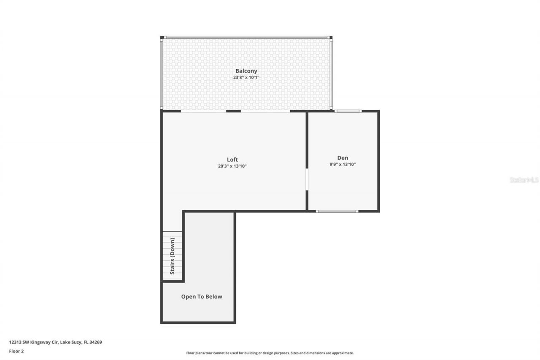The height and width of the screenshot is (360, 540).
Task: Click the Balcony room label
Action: [x=246, y=71]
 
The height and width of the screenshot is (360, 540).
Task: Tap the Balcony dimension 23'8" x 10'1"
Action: [x=246, y=78]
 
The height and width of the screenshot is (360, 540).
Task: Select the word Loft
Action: [x=232, y=160]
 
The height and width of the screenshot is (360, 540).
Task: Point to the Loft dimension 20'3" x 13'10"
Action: [x=232, y=166]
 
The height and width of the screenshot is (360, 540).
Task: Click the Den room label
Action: [x=343, y=158]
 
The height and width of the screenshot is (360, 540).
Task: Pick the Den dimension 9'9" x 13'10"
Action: [x=343, y=165]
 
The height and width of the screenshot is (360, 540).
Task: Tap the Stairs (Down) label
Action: [x=173, y=256]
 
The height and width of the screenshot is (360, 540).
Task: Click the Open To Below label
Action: [x=202, y=297]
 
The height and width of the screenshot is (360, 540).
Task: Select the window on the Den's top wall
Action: [x=348, y=111]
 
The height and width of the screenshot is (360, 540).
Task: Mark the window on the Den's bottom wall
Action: [x=337, y=211]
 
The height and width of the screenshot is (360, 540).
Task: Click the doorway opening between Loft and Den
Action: [x=307, y=179]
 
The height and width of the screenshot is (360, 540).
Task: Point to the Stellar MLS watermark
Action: [x=524, y=180]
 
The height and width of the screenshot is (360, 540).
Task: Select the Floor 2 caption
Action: [x=16, y=351]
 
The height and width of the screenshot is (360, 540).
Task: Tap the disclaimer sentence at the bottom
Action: [x=270, y=353]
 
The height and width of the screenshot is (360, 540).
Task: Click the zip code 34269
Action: [x=96, y=342]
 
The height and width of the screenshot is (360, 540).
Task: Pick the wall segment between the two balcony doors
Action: [x=233, y=111]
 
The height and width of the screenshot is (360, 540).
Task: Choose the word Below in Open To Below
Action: [x=213, y=297]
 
